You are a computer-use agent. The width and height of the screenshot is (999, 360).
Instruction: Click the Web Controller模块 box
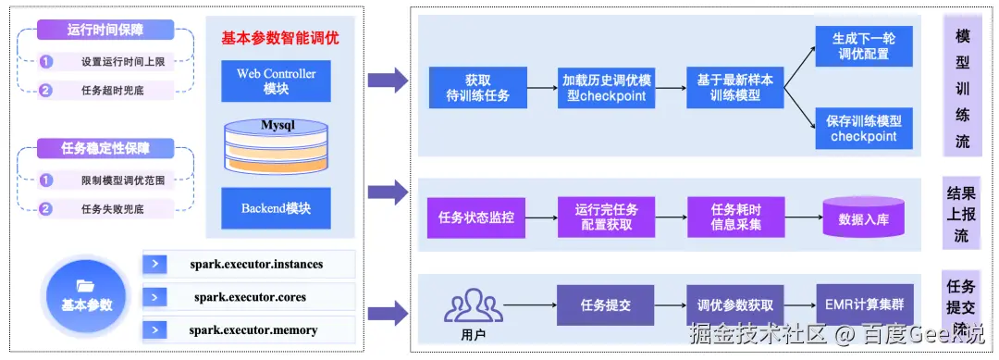[276, 81]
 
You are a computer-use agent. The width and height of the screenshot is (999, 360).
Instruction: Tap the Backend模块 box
[276, 208]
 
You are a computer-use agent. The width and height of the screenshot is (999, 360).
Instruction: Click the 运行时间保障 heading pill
[105, 30]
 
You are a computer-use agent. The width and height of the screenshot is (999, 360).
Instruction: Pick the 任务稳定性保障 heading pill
[105, 147]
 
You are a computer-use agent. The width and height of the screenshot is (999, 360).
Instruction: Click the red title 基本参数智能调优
[279, 39]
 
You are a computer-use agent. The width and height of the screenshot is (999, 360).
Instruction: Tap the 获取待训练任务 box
[477, 87]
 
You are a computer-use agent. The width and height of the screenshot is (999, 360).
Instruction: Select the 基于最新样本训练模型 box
[735, 87]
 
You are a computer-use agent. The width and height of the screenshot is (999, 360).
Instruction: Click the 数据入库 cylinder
[862, 217]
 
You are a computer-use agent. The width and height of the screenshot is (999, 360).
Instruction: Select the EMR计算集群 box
[862, 304]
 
